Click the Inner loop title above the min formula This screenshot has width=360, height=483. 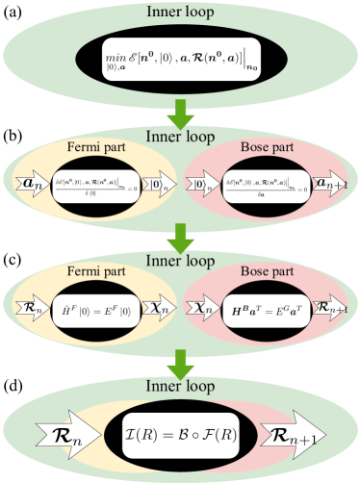click(180, 13)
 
